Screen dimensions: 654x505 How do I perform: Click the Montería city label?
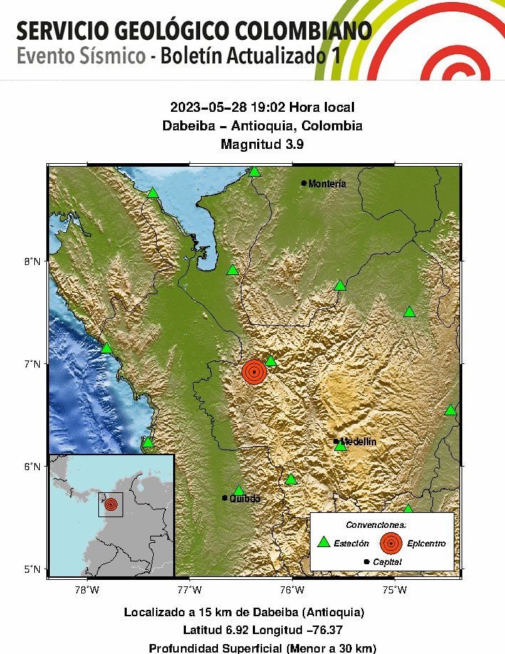click(x=328, y=184)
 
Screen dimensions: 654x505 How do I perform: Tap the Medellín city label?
click(x=358, y=442)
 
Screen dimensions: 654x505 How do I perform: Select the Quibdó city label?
click(x=245, y=499)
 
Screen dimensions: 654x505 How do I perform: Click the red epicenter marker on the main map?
click(x=254, y=372)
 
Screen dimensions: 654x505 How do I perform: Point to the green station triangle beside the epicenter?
click(x=271, y=361)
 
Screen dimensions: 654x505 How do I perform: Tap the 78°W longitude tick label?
click(x=87, y=589)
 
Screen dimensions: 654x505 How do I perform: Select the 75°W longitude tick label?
click(x=395, y=589)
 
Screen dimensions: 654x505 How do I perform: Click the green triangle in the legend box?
click(x=323, y=542)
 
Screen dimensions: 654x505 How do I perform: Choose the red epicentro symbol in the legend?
click(x=390, y=543)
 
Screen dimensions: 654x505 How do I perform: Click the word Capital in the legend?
click(x=387, y=562)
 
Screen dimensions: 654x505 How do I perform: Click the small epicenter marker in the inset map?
click(x=110, y=504)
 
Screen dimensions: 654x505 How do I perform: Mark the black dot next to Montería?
click(x=304, y=183)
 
